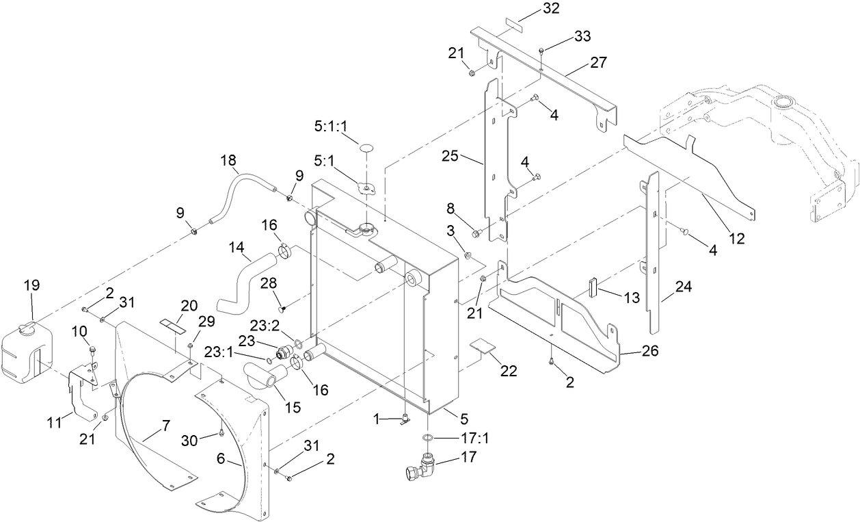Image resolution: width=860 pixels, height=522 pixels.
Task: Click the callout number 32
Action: pos(551,8)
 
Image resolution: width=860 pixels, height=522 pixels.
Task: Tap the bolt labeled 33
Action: pos(540,51)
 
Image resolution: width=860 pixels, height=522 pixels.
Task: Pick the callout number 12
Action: pos(737,239)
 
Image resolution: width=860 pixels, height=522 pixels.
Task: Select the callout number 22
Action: pos(508,371)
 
